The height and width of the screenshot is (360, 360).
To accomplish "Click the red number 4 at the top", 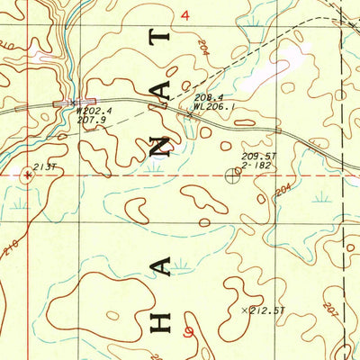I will coord(185,15).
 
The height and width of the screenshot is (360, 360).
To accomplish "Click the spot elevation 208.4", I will coord(208,97).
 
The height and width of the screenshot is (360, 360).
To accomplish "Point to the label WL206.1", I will coord(213,106).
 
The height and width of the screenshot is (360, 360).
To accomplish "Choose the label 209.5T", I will coord(258,156).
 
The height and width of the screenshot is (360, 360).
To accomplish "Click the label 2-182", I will coord(258,166).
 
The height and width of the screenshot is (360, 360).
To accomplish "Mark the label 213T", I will coord(45,167).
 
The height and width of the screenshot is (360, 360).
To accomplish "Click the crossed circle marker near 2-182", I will coord(234,176).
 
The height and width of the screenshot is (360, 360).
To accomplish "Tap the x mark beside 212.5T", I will coord(246,309).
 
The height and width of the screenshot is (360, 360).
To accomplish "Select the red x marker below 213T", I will coord(28,176).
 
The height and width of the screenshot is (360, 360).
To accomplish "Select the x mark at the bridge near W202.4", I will coord(70,103).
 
